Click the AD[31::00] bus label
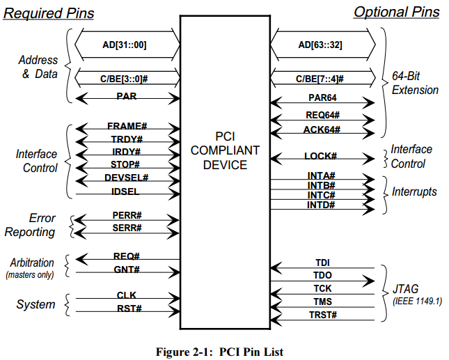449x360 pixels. (x=126, y=46)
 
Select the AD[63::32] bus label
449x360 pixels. (x=320, y=46)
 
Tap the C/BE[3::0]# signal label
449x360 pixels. (x=125, y=79)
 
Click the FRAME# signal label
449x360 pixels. (x=126, y=126)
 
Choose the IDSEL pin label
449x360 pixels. (x=126, y=191)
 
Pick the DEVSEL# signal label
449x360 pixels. (x=126, y=178)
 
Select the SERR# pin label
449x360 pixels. (x=126, y=228)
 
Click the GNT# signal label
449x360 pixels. (x=126, y=269)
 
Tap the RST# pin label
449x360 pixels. (x=126, y=308)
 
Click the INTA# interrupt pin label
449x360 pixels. (x=321, y=175)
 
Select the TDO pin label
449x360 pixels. (x=322, y=276)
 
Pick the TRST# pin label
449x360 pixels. (x=322, y=315)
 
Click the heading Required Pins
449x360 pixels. (x=49, y=13)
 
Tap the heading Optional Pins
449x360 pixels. (x=396, y=12)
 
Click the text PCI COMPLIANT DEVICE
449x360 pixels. (x=224, y=149)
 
